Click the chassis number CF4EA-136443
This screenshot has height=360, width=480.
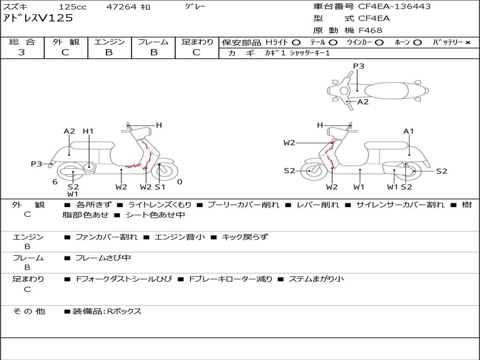[394, 7]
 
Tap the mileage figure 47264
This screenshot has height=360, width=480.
[121, 7]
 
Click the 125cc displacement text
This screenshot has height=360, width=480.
[73, 7]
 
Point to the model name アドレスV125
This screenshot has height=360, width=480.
[38, 18]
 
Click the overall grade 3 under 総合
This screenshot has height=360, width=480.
[22, 52]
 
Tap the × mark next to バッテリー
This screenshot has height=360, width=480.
[468, 43]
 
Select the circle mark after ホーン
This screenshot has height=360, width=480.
[417, 43]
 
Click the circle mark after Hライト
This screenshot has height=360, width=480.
[296, 43]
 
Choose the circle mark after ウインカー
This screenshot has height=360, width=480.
[379, 43]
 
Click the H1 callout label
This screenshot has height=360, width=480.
[88, 131]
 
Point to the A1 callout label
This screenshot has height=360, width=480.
[408, 131]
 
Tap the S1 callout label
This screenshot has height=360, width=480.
[160, 187]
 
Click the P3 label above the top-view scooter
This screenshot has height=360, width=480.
[359, 66]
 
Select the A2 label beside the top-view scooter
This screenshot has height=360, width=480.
[363, 102]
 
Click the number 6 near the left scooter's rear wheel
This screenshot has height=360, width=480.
[55, 182]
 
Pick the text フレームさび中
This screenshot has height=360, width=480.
[103, 258]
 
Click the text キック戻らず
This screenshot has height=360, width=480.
[245, 237]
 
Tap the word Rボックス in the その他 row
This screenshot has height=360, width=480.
[124, 311]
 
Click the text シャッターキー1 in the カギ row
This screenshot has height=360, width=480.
[310, 53]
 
